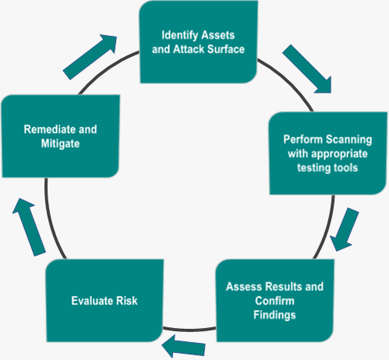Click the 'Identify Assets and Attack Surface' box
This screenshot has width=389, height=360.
[199, 42]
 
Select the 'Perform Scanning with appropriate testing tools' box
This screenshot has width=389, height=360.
[328, 154]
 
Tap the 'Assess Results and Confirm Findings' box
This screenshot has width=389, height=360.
[275, 301]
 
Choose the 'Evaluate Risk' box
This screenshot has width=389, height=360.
[104, 301]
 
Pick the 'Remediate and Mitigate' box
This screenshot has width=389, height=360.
[60, 136]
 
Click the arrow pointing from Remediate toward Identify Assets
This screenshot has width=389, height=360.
[90, 57]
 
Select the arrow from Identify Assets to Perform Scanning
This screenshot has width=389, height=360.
[307, 69]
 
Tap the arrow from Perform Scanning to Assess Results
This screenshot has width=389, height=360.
[345, 230]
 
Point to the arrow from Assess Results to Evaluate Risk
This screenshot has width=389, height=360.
[183, 346]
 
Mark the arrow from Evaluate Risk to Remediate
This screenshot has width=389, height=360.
[29, 228]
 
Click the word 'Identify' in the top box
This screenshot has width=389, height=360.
[179, 36]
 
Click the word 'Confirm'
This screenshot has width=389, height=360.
[274, 301]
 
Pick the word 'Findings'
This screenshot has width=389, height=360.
[274, 315]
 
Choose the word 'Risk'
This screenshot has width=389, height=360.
[126, 301]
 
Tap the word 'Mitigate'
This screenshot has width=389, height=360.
[60, 143]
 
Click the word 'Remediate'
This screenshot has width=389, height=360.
[50, 129]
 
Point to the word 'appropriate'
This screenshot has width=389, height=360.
[339, 154]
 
